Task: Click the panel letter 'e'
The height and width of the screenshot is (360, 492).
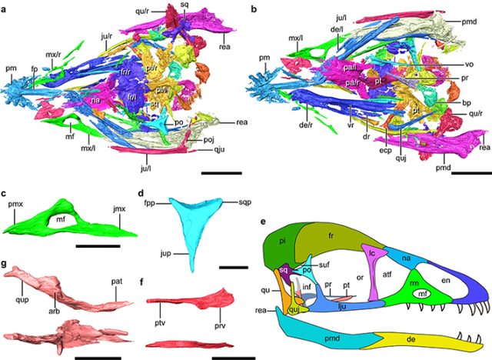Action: (x=264, y=222)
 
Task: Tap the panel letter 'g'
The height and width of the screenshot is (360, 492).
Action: (x=6, y=264)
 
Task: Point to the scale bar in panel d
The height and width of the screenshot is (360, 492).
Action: (x=232, y=267)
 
